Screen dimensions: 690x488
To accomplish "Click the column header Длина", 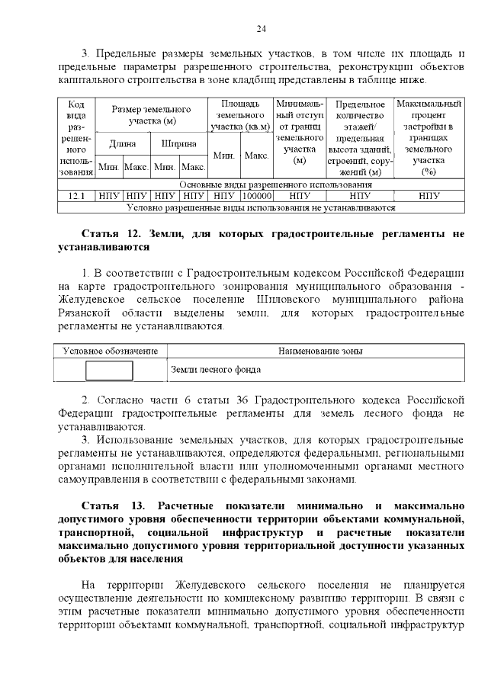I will (123, 143).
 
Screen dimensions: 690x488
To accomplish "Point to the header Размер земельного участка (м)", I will (151, 115).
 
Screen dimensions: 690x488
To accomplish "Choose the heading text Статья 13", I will (106, 506).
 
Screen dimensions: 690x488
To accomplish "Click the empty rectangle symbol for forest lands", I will (109, 370).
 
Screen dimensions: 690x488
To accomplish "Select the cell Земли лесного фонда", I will (215, 370).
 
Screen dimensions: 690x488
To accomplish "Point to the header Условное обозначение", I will (109, 351).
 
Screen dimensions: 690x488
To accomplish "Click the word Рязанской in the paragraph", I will (85, 313).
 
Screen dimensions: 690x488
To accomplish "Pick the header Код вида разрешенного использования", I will (76, 137).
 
